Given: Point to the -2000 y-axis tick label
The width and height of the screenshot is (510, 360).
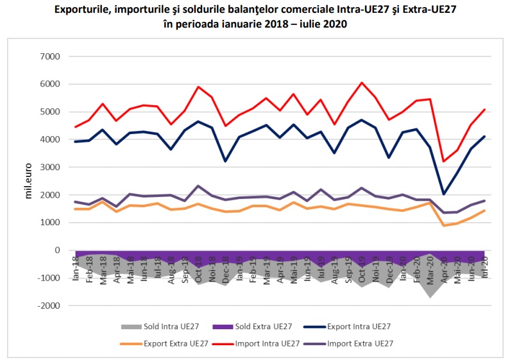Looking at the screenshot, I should pyautogui.click(x=48, y=306).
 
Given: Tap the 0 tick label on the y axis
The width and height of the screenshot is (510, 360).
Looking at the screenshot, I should pyautogui.click(x=57, y=250).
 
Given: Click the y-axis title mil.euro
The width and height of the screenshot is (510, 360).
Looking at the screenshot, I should pyautogui.click(x=28, y=182).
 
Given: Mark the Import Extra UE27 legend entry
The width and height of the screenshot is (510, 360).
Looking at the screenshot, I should pyautogui.click(x=359, y=343).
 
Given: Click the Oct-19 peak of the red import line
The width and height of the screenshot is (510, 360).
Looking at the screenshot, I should pyautogui.click(x=362, y=83).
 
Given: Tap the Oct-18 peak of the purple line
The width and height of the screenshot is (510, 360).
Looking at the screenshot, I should pyautogui.click(x=198, y=186).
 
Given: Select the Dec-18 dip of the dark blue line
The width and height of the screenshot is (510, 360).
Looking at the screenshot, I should pyautogui.click(x=225, y=161).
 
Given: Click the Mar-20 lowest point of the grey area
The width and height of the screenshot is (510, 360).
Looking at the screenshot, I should pyautogui.click(x=430, y=297).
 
